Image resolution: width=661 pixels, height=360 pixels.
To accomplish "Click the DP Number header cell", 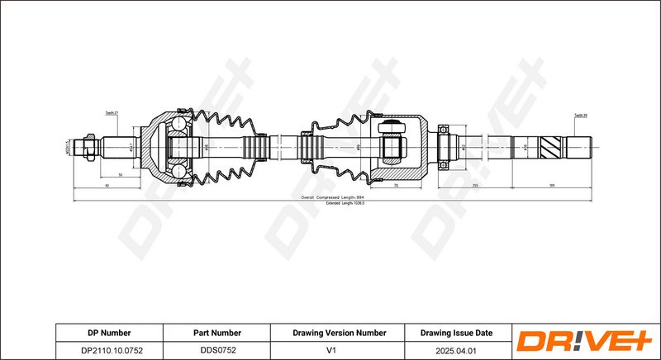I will pyautogui.click(x=109, y=333).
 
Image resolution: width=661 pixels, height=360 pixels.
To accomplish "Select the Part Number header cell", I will pyautogui.click(x=217, y=333).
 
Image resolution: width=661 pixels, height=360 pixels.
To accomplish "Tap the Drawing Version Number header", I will pyautogui.click(x=339, y=333).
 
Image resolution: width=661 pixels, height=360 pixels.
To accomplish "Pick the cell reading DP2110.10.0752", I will pyautogui.click(x=109, y=350).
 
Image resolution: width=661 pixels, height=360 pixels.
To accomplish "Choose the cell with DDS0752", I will pyautogui.click(x=217, y=350).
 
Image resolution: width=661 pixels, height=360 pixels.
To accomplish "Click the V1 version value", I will pyautogui.click(x=339, y=350).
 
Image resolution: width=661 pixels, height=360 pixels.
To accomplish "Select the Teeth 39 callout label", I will pyautogui.click(x=580, y=115).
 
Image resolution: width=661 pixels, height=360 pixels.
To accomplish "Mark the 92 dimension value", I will pyautogui.click(x=107, y=186).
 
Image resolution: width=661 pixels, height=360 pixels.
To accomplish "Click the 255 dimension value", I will pyautogui.click(x=476, y=186).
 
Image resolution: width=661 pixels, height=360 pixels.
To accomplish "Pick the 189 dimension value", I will pyautogui.click(x=552, y=186).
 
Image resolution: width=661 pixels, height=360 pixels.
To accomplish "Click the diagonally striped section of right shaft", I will pyautogui.click(x=552, y=149).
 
